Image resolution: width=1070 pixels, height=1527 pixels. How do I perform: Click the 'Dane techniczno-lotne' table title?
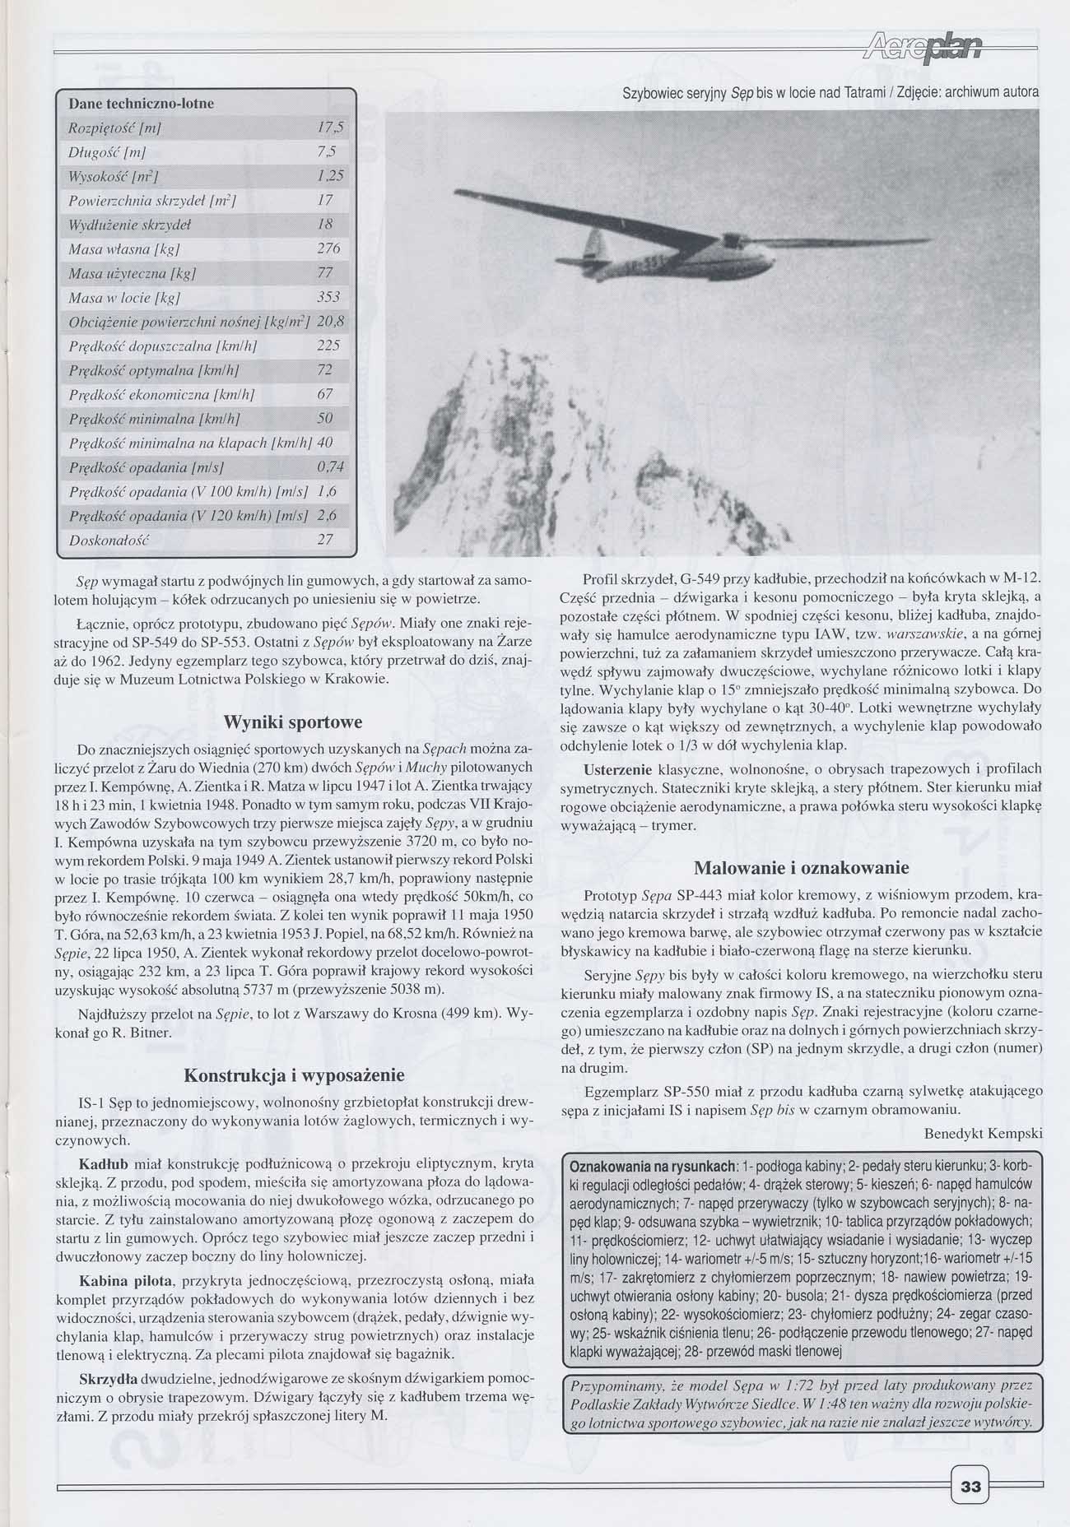141,104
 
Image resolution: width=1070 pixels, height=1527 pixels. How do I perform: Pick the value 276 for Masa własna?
328,248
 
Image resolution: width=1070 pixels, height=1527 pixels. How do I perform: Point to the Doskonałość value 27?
325,541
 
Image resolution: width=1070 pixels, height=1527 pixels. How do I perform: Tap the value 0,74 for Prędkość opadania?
329,467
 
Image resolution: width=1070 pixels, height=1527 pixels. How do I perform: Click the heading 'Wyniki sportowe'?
293,722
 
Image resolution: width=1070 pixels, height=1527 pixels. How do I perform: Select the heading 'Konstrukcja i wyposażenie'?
293,1074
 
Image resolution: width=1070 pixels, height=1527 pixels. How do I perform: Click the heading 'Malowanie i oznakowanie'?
801,867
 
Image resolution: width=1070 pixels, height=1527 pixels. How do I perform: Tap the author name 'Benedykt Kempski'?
983,1132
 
